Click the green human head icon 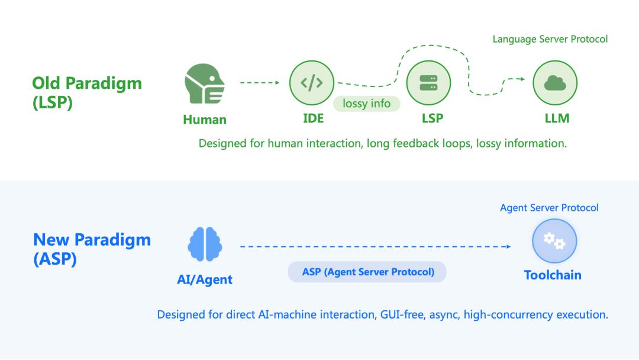(205, 83)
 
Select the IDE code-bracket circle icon (312, 83)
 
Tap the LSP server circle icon (428, 83)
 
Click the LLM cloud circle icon (555, 83)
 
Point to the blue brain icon (205, 244)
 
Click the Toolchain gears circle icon (554, 241)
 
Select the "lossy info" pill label (366, 104)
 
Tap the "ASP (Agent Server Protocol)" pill (367, 272)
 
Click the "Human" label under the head (205, 120)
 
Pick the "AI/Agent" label (205, 279)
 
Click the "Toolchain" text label (553, 275)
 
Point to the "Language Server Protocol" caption (550, 39)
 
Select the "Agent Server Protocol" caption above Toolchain (549, 207)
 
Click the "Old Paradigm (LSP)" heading (87, 92)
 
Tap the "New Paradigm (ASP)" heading (92, 249)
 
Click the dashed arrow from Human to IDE (260, 83)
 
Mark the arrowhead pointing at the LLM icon (522, 79)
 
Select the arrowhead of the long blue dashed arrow (509, 247)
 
